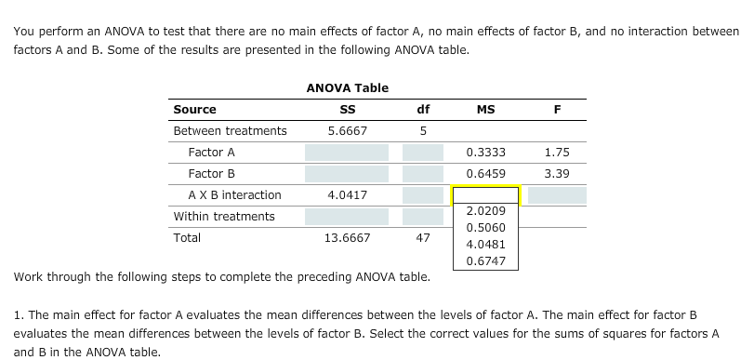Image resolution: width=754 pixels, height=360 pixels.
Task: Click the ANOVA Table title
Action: pos(347,87)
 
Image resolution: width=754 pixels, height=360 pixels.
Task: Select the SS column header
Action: pos(347,110)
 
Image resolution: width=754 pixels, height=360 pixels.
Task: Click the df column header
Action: pos(423,110)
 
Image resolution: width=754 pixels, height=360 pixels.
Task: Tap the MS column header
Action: pos(485,110)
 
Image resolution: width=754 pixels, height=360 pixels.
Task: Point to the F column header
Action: pos(557,110)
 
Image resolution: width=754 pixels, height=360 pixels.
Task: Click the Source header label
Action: pos(194,110)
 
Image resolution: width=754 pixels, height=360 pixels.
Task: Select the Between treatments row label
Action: pos(230,131)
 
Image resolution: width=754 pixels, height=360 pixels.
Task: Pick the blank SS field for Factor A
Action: pos(347,153)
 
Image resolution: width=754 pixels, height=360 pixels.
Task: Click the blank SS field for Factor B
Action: pos(347,174)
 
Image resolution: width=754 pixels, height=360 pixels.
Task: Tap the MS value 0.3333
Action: pos(485,153)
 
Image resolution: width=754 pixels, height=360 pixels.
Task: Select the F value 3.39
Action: pos(557,174)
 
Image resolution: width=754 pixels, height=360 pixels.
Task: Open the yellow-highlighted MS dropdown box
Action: pos(485,195)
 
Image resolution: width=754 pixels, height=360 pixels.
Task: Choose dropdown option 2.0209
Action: pos(485,211)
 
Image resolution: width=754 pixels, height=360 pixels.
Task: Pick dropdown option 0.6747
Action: pos(485,260)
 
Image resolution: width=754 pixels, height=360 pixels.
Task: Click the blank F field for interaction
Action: pos(557,195)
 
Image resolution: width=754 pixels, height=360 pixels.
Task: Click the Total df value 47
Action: pos(423,238)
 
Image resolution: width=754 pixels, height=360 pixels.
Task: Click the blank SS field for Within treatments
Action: pos(347,217)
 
